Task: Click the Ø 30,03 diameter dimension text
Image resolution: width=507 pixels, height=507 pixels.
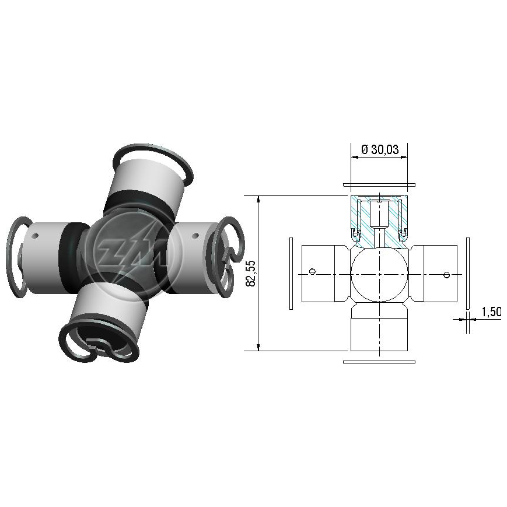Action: [x=379, y=149]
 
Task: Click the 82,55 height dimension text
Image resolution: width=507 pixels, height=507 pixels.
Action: [x=251, y=273]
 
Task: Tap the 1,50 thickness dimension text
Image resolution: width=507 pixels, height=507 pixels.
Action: [x=491, y=312]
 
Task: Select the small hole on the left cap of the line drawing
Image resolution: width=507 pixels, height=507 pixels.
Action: [x=312, y=271]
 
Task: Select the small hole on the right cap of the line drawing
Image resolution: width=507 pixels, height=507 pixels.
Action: [x=446, y=275]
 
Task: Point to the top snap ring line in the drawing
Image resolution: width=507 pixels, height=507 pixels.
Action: [x=379, y=186]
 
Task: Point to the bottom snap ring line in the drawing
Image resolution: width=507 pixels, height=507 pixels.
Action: [x=379, y=362]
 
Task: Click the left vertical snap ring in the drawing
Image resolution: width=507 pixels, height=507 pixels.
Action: [x=291, y=273]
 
